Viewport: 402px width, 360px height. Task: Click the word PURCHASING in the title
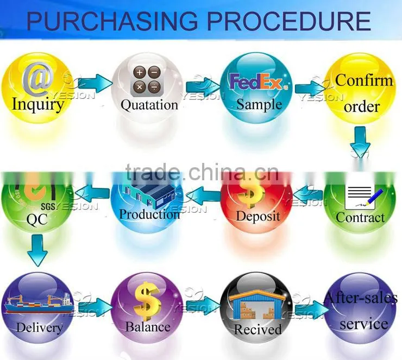pos(112,21)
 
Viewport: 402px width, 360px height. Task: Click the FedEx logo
pos(259,82)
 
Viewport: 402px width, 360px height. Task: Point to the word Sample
pos(259,105)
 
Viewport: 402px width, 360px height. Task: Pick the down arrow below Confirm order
pos(361,142)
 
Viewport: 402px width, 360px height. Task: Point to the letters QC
pos(37,219)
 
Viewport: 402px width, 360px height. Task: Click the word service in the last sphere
pos(364,324)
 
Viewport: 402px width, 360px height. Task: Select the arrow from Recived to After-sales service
pos(312,310)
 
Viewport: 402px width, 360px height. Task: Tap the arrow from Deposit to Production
pos(203,196)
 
